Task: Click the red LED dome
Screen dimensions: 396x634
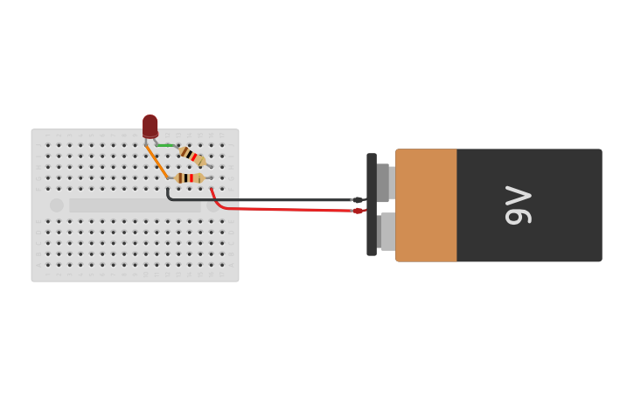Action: (x=150, y=125)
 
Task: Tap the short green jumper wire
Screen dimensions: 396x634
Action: (x=165, y=145)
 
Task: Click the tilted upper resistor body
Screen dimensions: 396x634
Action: (x=192, y=156)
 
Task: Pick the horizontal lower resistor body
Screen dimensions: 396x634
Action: (x=189, y=178)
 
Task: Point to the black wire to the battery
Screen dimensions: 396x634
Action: (x=262, y=200)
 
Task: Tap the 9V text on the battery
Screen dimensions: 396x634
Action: (x=519, y=205)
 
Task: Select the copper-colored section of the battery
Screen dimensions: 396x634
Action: (x=426, y=205)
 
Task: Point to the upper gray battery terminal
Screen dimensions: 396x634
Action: (x=385, y=183)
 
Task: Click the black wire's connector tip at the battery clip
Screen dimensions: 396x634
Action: (x=358, y=200)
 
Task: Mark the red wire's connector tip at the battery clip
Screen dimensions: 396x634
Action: (x=358, y=211)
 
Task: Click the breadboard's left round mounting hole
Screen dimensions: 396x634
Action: (x=57, y=205)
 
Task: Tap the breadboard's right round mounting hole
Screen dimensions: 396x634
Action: (x=212, y=206)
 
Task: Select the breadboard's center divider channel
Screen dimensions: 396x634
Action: (x=135, y=205)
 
